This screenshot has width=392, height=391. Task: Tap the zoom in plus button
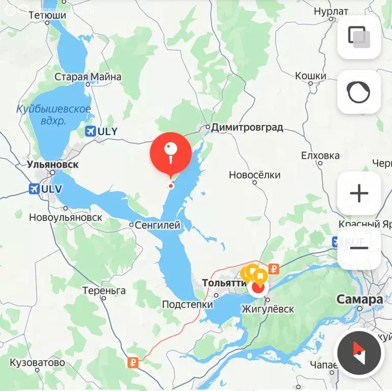pos(359,193)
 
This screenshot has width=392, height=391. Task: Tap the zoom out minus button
pos(359,248)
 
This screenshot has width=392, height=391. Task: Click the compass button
pos(359,352)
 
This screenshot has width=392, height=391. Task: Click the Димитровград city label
pos(247,127)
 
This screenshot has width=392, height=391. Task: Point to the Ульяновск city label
pos(53,165)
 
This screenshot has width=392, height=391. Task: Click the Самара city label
pos(359,299)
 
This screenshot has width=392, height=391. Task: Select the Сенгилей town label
pos(158,225)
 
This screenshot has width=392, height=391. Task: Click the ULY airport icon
pos(91,131)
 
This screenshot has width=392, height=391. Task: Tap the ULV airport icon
pos(35,189)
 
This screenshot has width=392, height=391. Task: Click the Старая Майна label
pos(88,77)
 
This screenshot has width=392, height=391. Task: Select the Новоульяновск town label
pos(66,217)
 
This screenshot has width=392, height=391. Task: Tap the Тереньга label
pos(104,291)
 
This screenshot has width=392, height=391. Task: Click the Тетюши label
pos(47,15)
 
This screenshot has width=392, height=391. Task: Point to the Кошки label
pos(311,76)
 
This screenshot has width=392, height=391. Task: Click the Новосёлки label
pos(254,175)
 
